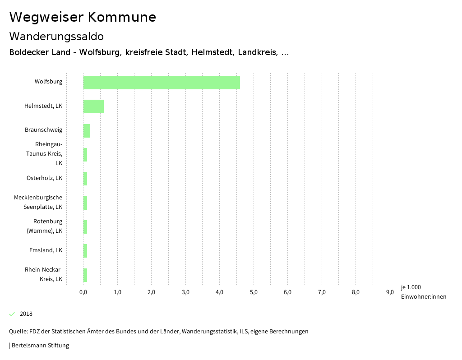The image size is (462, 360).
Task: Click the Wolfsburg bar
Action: point(162,83)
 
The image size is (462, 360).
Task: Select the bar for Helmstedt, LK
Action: point(93,106)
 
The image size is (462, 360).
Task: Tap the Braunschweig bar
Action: point(87,130)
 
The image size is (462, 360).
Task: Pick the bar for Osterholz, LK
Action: point(85,179)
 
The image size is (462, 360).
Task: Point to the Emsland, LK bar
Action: point(85,251)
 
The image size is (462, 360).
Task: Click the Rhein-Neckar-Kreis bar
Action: point(85,275)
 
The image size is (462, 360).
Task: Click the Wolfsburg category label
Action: point(48,82)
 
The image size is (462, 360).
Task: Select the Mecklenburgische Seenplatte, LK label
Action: point(38,202)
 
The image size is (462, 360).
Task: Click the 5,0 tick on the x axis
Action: point(254,292)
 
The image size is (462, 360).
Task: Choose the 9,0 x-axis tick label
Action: point(390,292)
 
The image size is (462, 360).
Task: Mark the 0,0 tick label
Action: point(83,292)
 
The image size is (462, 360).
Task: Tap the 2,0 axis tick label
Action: point(151,292)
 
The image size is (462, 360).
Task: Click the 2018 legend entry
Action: point(26,314)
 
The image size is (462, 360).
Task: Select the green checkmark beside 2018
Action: point(12,314)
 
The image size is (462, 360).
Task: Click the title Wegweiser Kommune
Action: point(83,17)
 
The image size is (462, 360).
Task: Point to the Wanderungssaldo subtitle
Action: point(56,36)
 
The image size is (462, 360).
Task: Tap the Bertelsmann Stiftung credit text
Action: point(40,346)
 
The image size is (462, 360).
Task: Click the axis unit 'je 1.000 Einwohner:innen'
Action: point(423,292)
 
